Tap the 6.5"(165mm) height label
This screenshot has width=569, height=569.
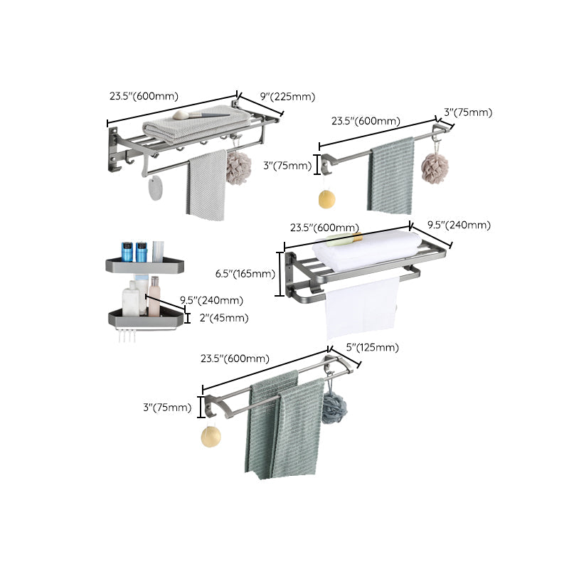(x=245, y=274)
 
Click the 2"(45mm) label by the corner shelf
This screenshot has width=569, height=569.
(x=224, y=318)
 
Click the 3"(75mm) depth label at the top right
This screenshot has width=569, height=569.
(x=467, y=112)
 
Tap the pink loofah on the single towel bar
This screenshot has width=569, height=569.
(x=435, y=168)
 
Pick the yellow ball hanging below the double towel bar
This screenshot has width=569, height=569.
(x=211, y=436)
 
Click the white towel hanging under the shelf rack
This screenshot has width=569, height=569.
(x=361, y=307)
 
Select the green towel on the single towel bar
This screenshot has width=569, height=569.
(x=390, y=176)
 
